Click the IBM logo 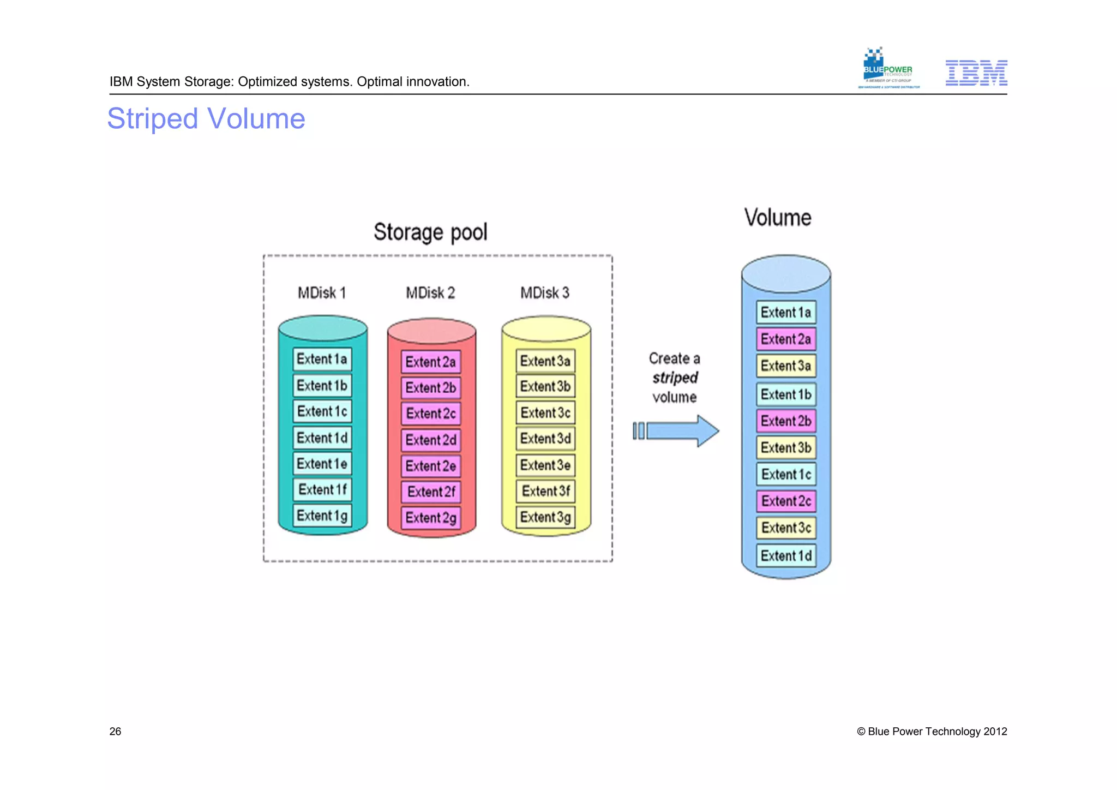pos(976,73)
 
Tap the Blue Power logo pos(888,69)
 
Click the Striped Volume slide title pos(206,118)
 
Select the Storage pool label pos(430,232)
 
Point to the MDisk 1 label pos(322,293)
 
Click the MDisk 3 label pos(544,293)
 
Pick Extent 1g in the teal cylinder pos(322,516)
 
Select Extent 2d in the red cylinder pos(431,440)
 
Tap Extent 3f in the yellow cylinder pos(545,491)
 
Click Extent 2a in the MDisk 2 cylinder pos(431,362)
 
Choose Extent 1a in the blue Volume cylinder pos(785,313)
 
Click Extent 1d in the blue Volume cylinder pos(786,556)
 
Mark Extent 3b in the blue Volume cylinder pos(786,447)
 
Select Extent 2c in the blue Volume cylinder pos(786,501)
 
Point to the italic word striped pos(675,378)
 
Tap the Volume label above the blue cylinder pos(778,218)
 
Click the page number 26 pos(115,732)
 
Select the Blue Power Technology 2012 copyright pos(932,732)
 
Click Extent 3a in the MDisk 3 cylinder pos(545,361)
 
